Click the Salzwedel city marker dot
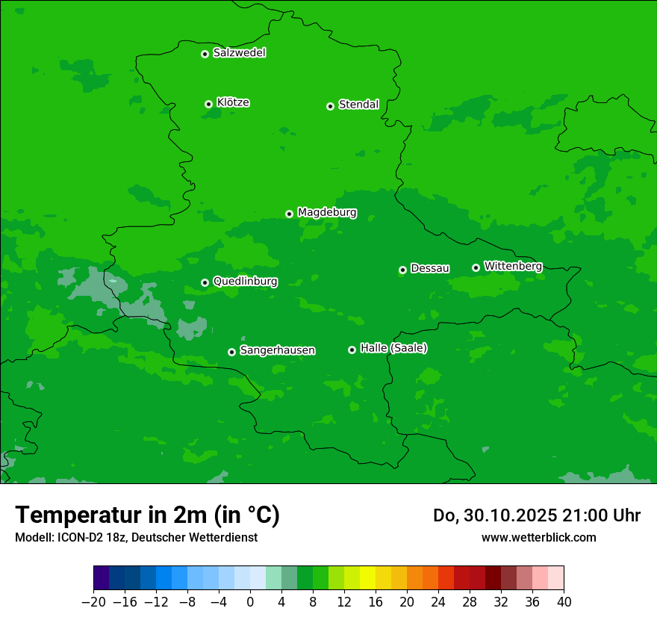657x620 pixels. point(205,54)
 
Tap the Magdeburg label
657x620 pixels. point(327,213)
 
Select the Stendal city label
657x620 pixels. point(358,105)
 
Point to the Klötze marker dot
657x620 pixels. point(208,104)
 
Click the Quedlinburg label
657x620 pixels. point(245,282)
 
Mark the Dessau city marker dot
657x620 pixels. point(402,270)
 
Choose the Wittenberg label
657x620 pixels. point(513,266)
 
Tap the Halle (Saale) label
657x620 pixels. point(393,348)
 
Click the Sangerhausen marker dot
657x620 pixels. point(231,352)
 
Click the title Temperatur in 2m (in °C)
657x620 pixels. point(147,515)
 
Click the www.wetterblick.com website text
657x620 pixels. point(538,537)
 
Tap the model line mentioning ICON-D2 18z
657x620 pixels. point(136,537)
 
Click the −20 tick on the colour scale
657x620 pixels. point(94,602)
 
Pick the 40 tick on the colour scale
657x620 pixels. point(564,602)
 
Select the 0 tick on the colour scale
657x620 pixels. point(250,602)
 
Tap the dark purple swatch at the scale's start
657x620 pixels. point(102,578)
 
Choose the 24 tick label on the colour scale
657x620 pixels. point(438,602)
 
